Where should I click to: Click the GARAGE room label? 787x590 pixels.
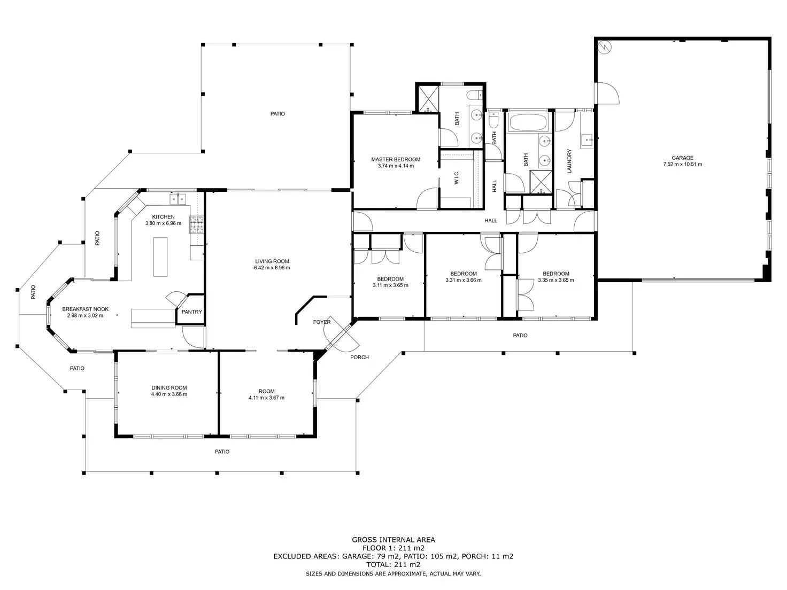click(682, 158)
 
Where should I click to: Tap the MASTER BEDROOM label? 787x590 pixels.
click(396, 159)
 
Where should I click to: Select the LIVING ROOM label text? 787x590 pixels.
click(272, 261)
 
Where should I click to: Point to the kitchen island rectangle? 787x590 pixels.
click(160, 257)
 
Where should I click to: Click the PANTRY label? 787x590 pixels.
click(192, 312)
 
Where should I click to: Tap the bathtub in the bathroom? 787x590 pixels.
click(528, 122)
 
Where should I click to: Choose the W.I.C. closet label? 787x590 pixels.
click(457, 177)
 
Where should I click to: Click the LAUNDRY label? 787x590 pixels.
click(569, 161)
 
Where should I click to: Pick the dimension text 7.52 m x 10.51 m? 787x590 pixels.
click(682, 165)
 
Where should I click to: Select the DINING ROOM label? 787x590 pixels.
click(169, 387)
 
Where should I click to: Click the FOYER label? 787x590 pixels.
click(322, 322)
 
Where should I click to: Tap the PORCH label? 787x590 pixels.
click(359, 357)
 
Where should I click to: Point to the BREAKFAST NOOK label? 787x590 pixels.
click(86, 309)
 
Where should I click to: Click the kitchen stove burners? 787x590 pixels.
click(196, 224)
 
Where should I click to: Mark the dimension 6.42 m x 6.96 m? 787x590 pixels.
click(272, 268)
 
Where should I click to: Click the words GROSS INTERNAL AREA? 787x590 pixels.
click(393, 540)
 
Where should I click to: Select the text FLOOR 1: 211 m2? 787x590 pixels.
click(393, 548)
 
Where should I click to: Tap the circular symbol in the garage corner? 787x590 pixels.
click(605, 47)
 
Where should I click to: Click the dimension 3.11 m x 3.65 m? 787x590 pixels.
click(390, 285)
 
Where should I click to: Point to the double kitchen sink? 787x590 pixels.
click(178, 199)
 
